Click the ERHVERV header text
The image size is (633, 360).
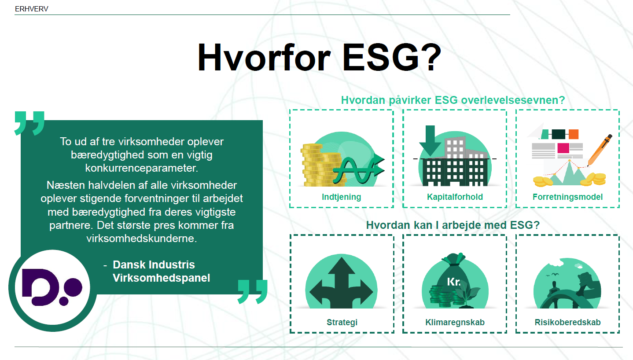click(x=31, y=9)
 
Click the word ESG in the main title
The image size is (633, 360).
click(x=392, y=58)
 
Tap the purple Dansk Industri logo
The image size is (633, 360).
click(x=52, y=287)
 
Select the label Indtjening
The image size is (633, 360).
click(x=341, y=197)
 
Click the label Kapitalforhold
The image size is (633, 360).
click(x=455, y=197)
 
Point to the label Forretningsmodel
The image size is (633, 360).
click(x=567, y=197)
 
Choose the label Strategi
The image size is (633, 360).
click(x=342, y=322)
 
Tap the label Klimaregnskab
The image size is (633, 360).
click(x=455, y=322)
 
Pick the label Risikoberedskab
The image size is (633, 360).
click(x=567, y=322)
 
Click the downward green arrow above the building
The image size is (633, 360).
click(x=430, y=140)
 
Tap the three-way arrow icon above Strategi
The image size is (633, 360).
click(x=341, y=283)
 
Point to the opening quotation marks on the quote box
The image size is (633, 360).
click(x=29, y=123)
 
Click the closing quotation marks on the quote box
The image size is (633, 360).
click(x=253, y=292)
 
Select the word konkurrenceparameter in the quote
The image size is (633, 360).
click(x=141, y=168)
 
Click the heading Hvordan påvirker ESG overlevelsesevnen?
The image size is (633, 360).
click(x=453, y=100)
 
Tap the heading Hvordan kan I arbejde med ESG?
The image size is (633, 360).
click(x=453, y=225)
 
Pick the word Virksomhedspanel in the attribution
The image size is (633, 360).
click(x=162, y=278)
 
